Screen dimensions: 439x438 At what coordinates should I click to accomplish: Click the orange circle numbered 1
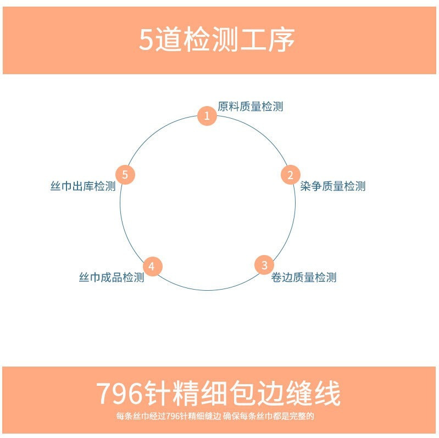[207, 116]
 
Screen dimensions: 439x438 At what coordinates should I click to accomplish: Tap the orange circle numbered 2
[290, 175]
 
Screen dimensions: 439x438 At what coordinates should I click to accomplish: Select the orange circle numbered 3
[264, 265]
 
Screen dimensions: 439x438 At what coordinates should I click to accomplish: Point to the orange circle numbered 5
[125, 175]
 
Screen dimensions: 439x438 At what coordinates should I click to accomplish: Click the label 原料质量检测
[251, 107]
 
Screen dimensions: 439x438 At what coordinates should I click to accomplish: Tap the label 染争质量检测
[333, 186]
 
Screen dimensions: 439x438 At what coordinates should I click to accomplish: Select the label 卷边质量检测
[304, 278]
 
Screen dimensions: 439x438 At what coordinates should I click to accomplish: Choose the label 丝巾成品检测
[112, 278]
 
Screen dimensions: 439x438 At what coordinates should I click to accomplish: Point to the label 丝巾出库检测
[83, 186]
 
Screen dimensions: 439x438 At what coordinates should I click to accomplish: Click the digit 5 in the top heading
[145, 41]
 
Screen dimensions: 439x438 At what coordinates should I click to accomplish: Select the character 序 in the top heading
[282, 40]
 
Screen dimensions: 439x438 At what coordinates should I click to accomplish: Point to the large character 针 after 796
[158, 393]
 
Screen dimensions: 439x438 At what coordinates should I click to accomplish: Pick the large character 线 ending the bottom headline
[327, 393]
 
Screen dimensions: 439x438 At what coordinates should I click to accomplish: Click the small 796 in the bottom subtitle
[172, 416]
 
